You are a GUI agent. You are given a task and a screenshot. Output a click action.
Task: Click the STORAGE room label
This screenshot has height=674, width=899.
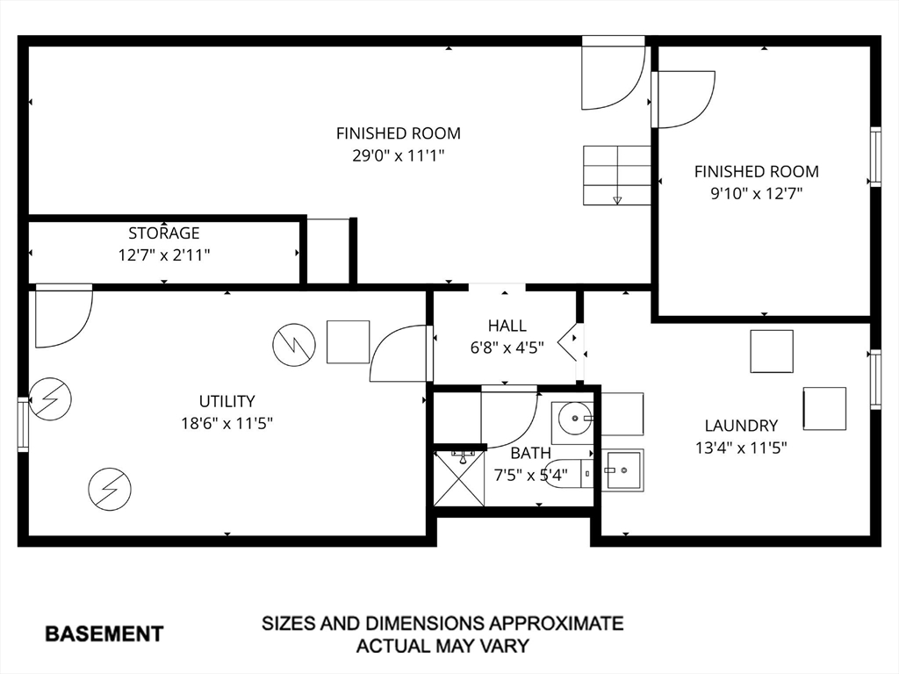[x=164, y=233]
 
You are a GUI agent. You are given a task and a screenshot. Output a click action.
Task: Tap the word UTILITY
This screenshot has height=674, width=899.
[x=227, y=401]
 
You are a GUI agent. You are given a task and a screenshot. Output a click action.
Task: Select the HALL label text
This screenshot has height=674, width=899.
[x=507, y=326]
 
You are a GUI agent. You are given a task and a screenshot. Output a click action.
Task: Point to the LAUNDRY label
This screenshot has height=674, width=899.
[x=741, y=426]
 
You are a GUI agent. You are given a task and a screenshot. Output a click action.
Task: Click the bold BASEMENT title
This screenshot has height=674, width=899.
[x=104, y=634]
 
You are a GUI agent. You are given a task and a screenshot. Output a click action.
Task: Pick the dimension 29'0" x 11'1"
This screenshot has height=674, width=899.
[x=399, y=155]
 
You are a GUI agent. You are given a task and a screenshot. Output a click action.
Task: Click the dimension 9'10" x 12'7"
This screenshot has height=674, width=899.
[x=756, y=194]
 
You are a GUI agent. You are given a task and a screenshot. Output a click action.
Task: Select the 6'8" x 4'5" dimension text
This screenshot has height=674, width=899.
[x=507, y=348]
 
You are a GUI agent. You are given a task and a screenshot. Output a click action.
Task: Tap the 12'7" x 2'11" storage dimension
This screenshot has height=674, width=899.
[x=164, y=255]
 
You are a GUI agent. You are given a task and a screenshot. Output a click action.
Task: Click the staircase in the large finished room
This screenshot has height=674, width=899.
[x=617, y=176]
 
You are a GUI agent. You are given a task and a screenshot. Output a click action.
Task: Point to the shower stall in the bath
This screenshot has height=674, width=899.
[x=459, y=478]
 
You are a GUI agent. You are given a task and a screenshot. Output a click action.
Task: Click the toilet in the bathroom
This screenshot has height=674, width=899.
[x=569, y=473]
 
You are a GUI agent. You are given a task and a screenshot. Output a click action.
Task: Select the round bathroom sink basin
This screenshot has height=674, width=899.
[x=575, y=419]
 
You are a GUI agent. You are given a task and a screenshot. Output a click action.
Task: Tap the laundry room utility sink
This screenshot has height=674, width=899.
[x=623, y=470]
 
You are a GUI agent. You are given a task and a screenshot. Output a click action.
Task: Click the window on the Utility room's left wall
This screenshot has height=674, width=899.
[x=23, y=425]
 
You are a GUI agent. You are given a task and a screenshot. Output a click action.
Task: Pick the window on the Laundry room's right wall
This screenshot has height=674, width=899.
[x=875, y=379]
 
